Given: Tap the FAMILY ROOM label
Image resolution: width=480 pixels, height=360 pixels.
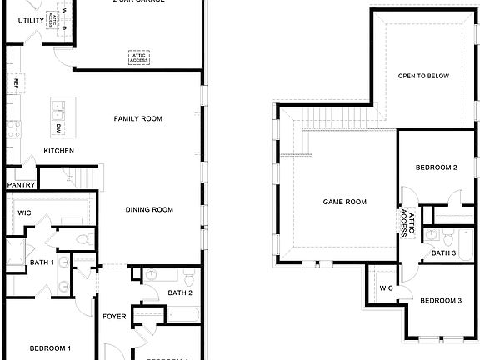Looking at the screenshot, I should tap(137, 119).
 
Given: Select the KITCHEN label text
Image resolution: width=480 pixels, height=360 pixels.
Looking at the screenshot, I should tap(58, 151).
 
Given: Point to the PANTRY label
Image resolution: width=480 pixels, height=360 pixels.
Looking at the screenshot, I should tap(21, 185).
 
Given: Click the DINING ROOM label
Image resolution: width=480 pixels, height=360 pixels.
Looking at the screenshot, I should tap(149, 209).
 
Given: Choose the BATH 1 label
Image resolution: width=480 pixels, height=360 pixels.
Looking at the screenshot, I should tap(42, 262).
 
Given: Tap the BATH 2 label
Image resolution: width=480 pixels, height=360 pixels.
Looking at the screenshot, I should tap(180, 292).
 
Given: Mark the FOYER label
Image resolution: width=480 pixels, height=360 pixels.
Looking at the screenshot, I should tap(114, 317).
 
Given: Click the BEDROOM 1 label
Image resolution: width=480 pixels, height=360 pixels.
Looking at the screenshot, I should tap(50, 347).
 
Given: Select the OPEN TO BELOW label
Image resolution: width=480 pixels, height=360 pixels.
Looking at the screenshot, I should tap(423, 77).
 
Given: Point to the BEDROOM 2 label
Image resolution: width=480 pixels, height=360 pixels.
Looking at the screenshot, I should tap(437, 167).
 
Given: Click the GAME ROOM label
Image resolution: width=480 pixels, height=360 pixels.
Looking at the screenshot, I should tap(345, 202).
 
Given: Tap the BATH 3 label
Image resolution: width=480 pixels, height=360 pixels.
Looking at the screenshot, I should tap(443, 252).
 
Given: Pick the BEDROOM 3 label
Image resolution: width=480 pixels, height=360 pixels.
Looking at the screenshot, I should tap(440, 300).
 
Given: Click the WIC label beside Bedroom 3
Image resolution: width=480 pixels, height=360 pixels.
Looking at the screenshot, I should tap(386, 288).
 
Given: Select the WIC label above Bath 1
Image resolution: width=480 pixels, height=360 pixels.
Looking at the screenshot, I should tap(24, 212).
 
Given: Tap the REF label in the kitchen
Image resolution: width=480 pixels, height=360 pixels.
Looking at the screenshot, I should tap(15, 83).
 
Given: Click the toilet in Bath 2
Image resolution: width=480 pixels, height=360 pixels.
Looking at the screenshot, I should tap(189, 276).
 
